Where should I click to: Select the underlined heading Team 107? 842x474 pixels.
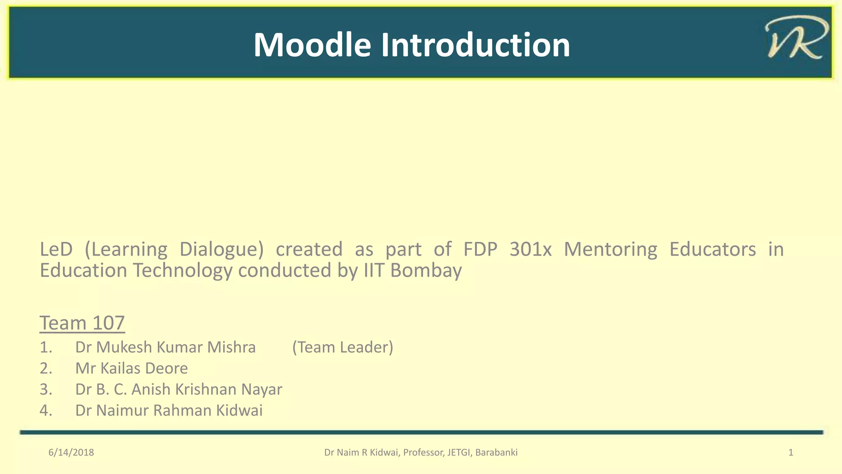[x=82, y=323]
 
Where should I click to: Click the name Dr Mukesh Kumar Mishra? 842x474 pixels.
[x=165, y=347]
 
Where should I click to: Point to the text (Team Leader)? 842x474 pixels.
[x=342, y=347]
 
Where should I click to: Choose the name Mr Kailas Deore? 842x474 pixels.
[x=131, y=368]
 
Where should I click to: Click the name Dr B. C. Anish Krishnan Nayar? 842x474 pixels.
[x=178, y=389]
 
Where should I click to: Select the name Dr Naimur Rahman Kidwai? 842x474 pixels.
[x=169, y=410]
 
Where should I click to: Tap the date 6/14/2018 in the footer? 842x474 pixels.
[x=71, y=453]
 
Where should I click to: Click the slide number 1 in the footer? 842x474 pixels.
[x=790, y=453]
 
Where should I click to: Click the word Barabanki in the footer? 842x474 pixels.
[x=496, y=453]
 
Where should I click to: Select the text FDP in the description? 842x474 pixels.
[x=480, y=249]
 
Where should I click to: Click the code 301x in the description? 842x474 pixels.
[x=530, y=249]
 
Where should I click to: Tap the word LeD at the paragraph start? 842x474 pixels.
[x=56, y=249]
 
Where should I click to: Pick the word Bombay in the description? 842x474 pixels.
[x=426, y=271]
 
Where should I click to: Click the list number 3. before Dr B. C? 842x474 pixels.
[x=46, y=389]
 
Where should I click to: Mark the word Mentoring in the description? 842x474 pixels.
[x=610, y=249]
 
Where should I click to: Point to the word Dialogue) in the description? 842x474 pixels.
[x=222, y=249]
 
